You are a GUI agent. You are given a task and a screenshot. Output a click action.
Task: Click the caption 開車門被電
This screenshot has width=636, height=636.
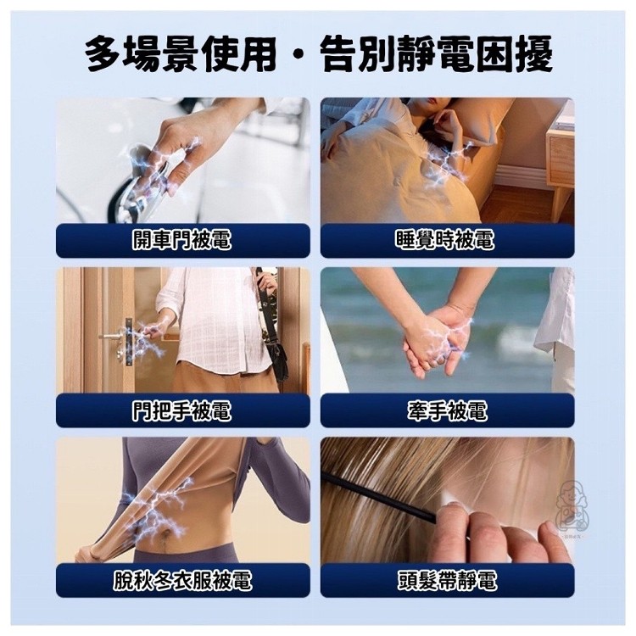click(x=182, y=240)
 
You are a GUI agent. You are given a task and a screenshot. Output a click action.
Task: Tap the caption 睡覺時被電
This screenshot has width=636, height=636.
click(x=445, y=240)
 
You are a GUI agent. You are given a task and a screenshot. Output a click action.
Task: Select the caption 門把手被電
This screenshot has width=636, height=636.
click(x=182, y=410)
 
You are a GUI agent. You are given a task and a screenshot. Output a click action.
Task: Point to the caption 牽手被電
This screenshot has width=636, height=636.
click(x=448, y=410)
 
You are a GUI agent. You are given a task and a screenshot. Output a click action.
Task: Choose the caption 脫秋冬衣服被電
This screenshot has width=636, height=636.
click(x=182, y=580)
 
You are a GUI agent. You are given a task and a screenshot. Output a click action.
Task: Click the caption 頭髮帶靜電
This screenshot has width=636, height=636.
click(x=447, y=580)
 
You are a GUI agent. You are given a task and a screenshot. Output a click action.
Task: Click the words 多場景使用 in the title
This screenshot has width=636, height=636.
click(x=181, y=53)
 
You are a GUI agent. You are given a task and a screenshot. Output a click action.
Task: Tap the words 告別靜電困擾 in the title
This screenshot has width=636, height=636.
click(x=436, y=53)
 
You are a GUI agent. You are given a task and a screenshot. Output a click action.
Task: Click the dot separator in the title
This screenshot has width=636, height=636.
click(x=298, y=54)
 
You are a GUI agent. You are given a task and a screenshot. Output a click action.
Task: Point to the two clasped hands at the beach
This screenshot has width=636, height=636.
click(x=438, y=341)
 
